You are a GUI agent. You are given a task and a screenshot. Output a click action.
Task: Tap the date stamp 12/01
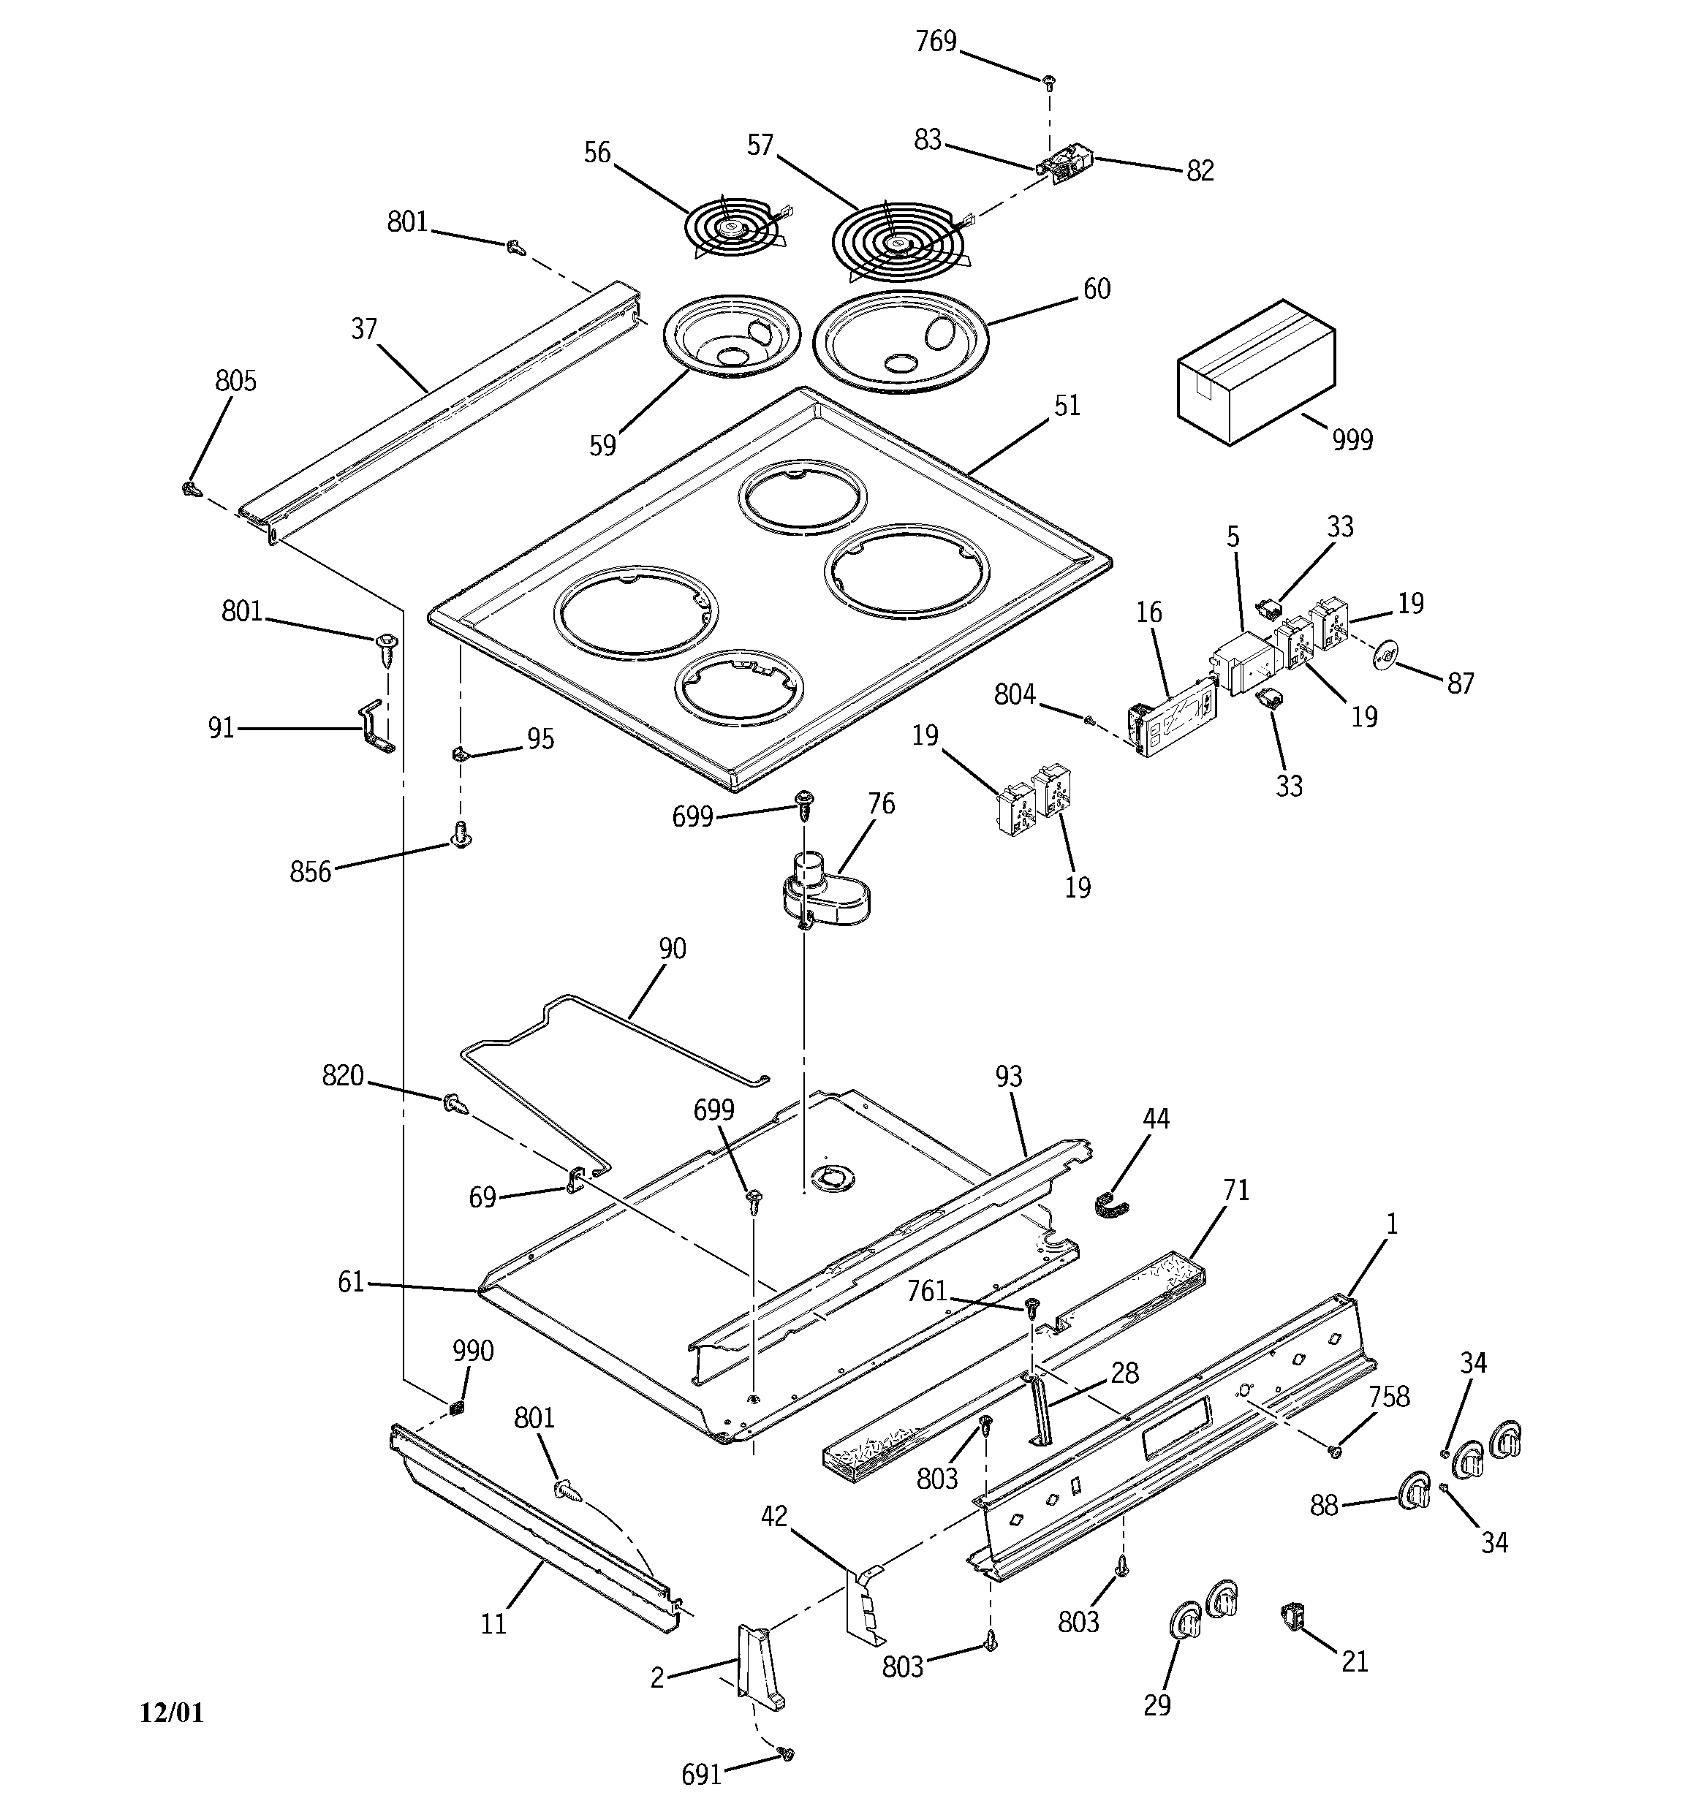(x=171, y=1713)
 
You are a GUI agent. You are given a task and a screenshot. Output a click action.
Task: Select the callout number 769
(x=935, y=42)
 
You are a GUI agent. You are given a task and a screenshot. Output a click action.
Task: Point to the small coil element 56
(x=734, y=230)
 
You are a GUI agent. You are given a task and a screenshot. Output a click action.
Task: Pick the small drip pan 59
(x=731, y=335)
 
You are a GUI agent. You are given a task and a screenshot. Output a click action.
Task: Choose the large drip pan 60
(x=898, y=342)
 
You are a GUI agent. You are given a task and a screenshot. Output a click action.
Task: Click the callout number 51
(x=1066, y=406)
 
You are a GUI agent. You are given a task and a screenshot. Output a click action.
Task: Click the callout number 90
(x=672, y=949)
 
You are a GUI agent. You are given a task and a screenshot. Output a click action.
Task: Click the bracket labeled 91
(x=375, y=726)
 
